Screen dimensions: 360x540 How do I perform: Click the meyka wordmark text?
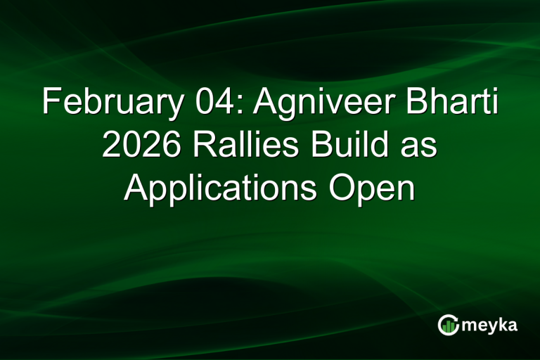pyautogui.click(x=487, y=325)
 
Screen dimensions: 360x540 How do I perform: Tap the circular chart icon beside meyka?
pyautogui.click(x=449, y=324)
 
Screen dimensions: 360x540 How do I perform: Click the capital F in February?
pyautogui.click(x=50, y=103)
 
